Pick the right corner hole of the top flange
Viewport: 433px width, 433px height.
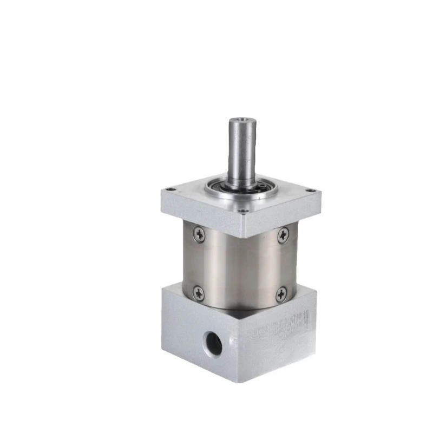pos(310,190)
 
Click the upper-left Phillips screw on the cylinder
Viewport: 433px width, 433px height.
pos(200,234)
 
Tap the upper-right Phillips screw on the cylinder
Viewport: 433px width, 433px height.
pos(283,235)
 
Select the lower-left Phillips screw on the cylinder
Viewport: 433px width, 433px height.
pos(199,293)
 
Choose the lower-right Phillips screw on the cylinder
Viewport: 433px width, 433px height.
pos(280,295)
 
